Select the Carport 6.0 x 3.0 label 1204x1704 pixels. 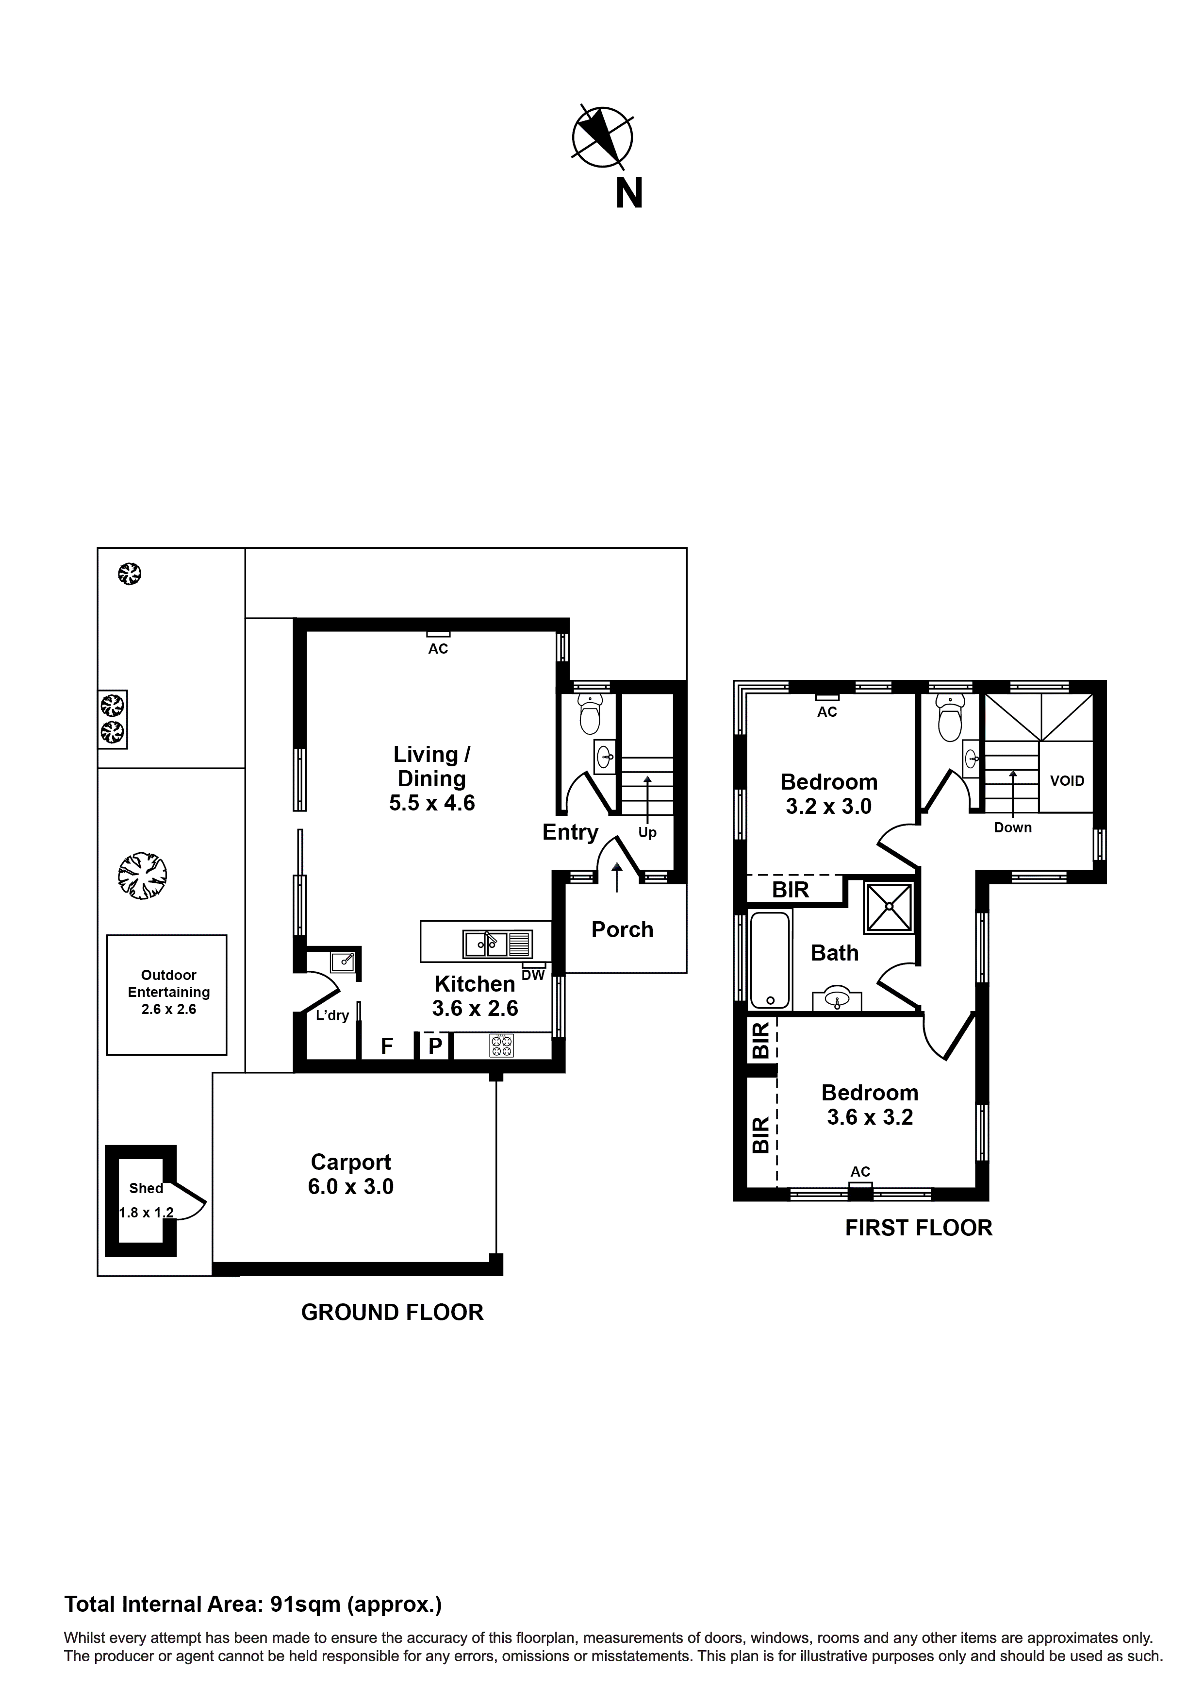pos(351,1174)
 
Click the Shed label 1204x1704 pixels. pos(146,1188)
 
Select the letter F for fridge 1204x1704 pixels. pos(386,1046)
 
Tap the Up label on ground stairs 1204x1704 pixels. pos(648,833)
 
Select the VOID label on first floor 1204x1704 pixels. pos(1067,781)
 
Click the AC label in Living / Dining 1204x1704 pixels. pos(438,649)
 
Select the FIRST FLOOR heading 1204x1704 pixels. pos(918,1228)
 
